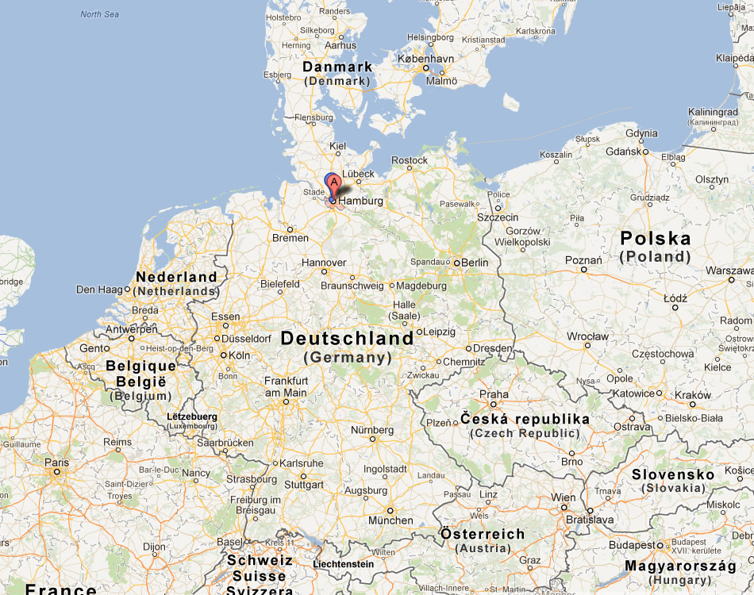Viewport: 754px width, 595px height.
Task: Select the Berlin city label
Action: click(475, 263)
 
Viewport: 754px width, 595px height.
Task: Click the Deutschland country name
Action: click(347, 339)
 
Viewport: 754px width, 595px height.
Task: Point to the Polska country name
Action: click(656, 239)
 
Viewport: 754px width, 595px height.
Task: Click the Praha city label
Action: click(494, 394)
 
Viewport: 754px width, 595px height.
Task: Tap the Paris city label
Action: click(56, 463)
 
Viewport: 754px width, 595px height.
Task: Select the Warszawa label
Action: click(730, 271)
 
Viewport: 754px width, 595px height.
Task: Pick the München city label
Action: click(390, 520)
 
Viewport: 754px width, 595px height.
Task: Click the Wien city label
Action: click(563, 497)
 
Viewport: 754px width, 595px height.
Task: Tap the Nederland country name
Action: click(176, 277)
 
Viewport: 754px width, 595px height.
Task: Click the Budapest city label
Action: click(632, 546)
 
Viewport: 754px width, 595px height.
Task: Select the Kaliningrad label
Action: click(714, 112)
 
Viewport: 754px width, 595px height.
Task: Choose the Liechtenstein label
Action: click(344, 564)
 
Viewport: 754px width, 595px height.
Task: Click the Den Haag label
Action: click(99, 290)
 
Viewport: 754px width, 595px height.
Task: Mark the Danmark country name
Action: click(337, 67)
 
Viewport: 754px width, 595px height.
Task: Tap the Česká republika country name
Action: click(525, 419)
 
